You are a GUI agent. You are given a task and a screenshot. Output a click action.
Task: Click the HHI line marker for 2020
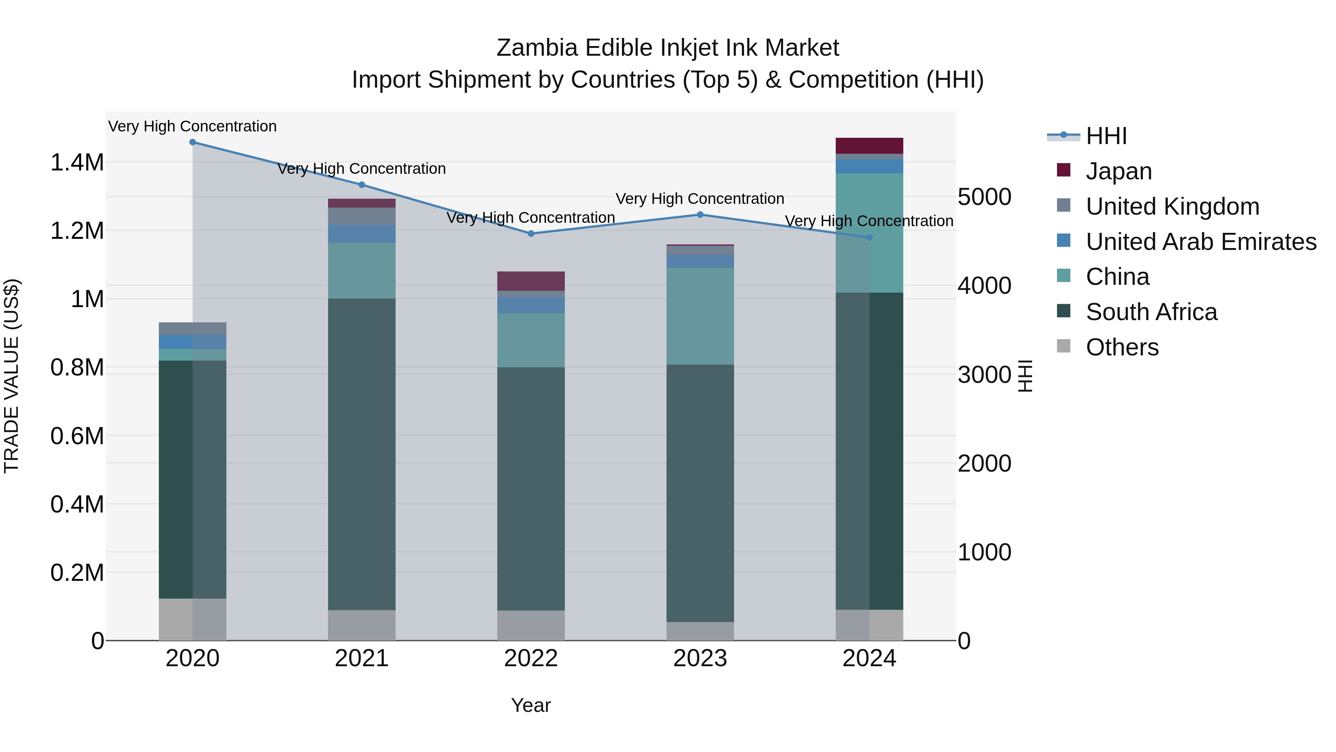192,142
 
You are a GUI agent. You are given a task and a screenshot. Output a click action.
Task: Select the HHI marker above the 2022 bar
531,234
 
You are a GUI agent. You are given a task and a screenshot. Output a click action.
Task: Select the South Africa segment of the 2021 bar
361,454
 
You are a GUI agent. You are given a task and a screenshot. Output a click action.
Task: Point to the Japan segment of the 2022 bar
531,281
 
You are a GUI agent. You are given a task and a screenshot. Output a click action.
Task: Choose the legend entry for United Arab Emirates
1201,242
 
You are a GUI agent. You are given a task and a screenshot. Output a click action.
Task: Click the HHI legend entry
1106,136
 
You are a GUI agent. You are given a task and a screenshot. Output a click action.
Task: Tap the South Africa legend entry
1151,312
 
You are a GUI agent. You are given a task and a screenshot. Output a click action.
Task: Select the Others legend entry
1122,347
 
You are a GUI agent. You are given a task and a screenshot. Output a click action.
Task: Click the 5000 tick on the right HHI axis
984,197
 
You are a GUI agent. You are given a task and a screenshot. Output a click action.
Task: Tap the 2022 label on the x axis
531,658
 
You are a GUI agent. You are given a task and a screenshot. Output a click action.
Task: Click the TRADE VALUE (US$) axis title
12,376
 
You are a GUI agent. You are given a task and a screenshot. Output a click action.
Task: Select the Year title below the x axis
531,705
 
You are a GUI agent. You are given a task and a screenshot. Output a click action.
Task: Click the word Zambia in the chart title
536,48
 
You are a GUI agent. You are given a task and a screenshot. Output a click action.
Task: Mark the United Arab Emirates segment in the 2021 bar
361,234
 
